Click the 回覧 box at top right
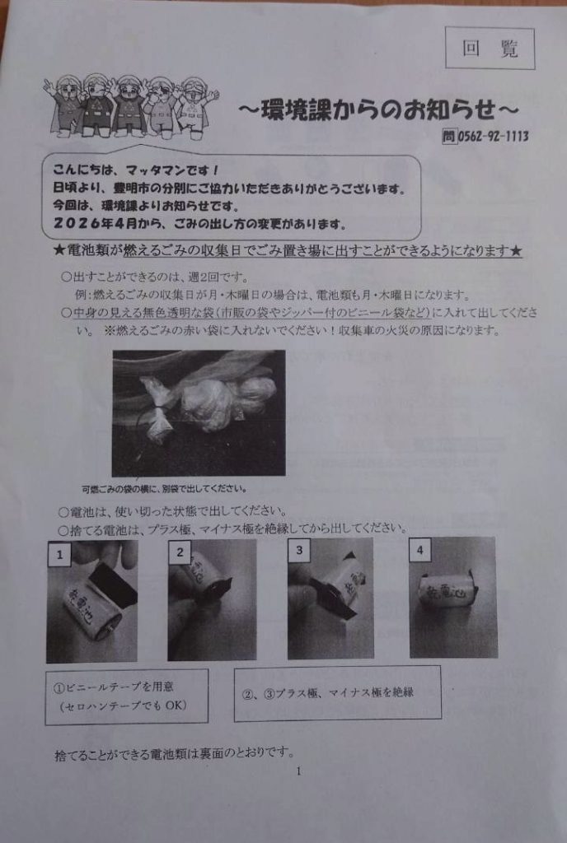tap(490, 49)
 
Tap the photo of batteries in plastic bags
tap(198, 412)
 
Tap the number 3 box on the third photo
tap(300, 550)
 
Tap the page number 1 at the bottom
tap(298, 771)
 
